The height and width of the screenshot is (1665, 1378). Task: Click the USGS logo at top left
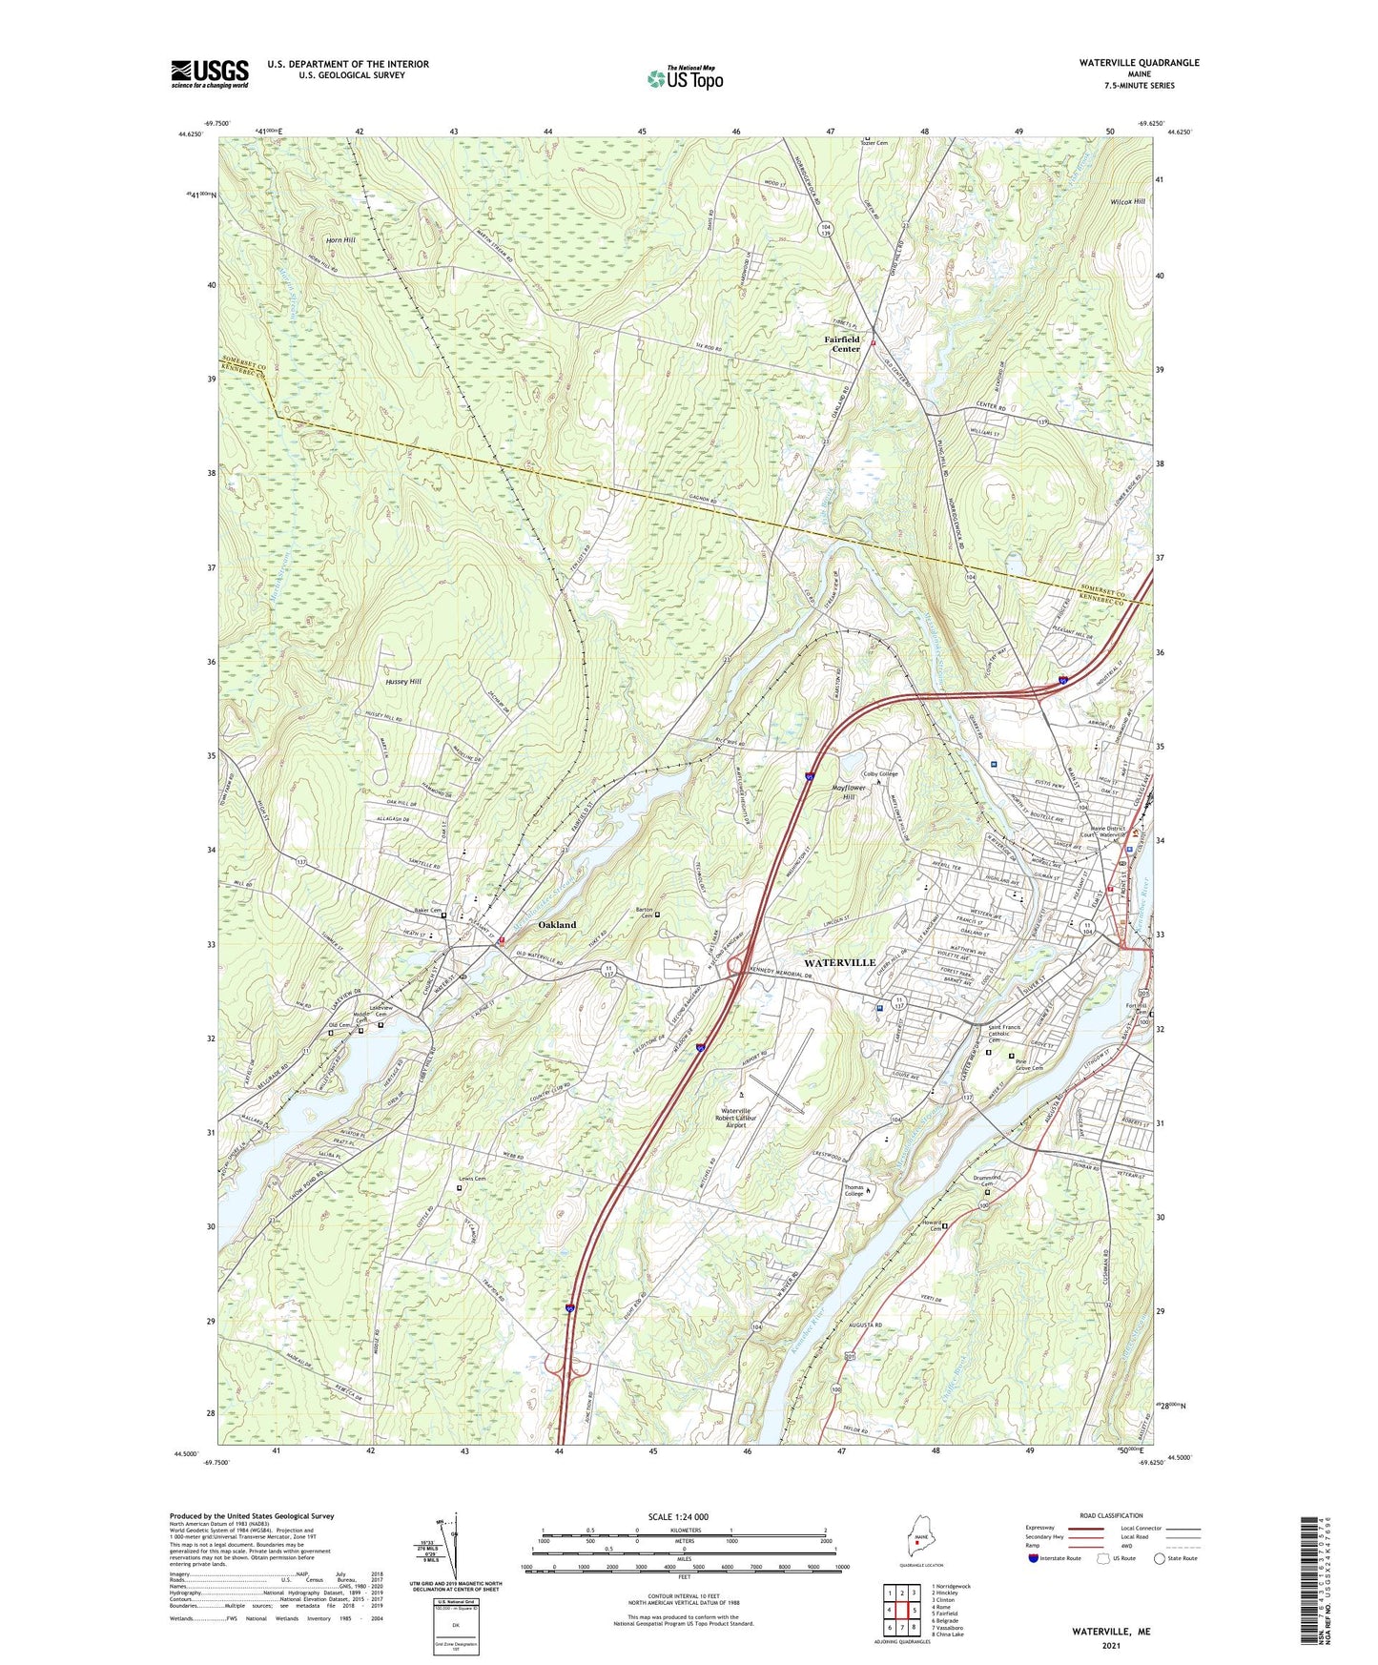click(210, 73)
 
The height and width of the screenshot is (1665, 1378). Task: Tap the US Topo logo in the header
click(684, 78)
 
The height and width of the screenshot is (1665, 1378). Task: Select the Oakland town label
click(557, 925)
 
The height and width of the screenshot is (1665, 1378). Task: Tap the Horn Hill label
click(340, 240)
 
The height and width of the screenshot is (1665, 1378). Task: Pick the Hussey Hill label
click(402, 682)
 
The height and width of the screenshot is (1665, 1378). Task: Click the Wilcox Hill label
click(1127, 202)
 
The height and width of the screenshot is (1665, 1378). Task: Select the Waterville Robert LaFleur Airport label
click(749, 1118)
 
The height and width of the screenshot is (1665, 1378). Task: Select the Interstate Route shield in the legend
click(1034, 1558)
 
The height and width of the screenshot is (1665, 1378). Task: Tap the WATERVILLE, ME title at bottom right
click(1111, 1632)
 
